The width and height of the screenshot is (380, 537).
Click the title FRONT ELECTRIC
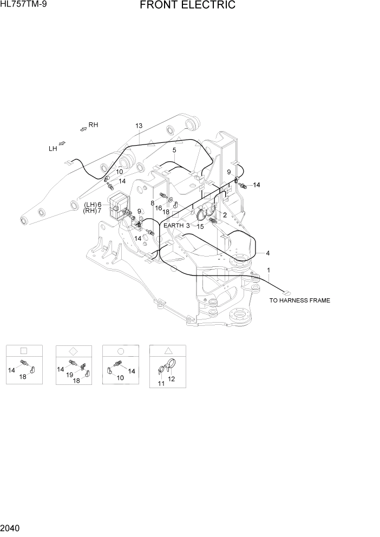[187, 5]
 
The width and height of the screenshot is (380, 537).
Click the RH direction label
[93, 125]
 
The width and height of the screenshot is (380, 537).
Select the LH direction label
[53, 148]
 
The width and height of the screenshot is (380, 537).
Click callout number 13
[139, 126]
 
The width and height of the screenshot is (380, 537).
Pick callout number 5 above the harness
[174, 150]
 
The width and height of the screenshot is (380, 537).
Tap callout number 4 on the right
[267, 253]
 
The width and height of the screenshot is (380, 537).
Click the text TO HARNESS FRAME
[299, 300]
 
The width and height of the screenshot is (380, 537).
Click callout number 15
[200, 227]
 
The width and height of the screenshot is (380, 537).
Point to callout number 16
[159, 208]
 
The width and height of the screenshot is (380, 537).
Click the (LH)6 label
[93, 204]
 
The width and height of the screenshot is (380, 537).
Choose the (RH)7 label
[93, 211]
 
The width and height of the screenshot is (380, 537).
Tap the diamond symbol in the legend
[74, 350]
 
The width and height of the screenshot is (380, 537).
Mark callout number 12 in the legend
[172, 379]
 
